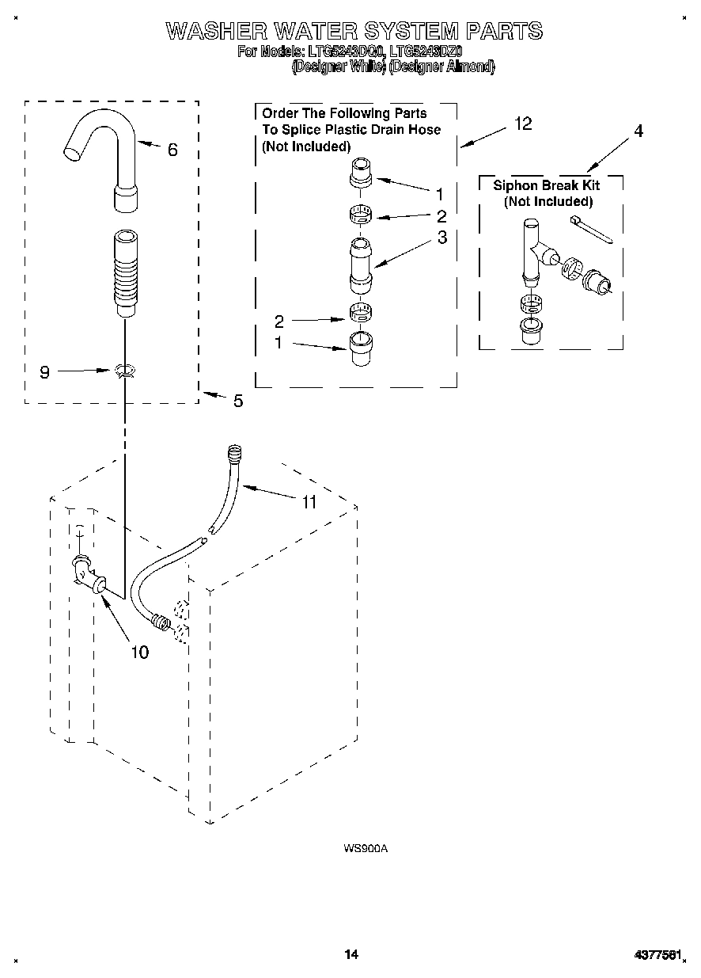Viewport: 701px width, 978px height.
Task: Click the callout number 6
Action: click(x=172, y=150)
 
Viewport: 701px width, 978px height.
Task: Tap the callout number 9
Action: click(x=44, y=371)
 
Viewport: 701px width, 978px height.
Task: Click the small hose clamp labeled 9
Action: click(x=123, y=370)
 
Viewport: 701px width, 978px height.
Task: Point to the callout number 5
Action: click(x=237, y=401)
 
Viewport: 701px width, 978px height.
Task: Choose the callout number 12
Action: click(x=522, y=124)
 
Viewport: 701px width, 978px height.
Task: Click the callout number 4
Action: click(x=637, y=131)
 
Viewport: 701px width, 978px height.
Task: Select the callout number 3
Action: click(x=441, y=237)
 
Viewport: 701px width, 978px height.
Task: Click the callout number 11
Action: click(x=309, y=502)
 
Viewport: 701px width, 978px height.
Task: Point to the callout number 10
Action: click(x=138, y=653)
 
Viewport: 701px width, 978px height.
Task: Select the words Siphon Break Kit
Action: click(x=546, y=185)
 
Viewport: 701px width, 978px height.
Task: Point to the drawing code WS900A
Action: click(x=365, y=849)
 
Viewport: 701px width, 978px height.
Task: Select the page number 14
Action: click(x=351, y=954)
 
